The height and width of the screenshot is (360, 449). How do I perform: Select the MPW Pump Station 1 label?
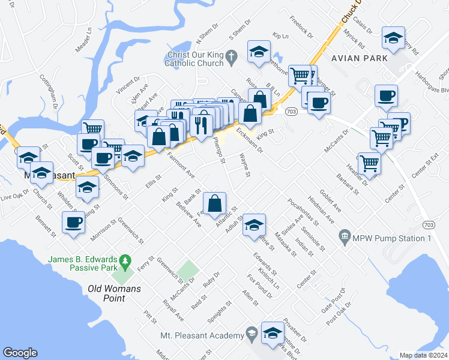click(x=392, y=238)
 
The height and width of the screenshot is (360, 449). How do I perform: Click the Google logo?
click(x=20, y=352)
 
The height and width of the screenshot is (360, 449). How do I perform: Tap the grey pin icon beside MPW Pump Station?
click(x=345, y=238)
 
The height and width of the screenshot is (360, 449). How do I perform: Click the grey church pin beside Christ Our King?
click(x=234, y=55)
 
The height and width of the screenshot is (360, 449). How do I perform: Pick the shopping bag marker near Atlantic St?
click(x=215, y=203)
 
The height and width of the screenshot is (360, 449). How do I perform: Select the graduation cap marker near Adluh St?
click(x=254, y=224)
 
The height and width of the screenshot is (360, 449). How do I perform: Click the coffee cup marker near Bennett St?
click(x=74, y=222)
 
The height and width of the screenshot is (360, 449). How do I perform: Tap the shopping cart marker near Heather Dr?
click(x=369, y=162)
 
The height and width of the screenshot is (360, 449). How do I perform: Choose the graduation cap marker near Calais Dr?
click(x=393, y=39)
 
